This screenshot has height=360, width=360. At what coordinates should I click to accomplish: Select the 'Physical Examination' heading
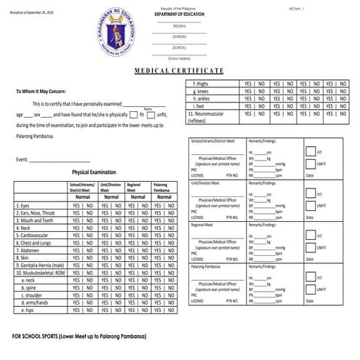click(x=94, y=172)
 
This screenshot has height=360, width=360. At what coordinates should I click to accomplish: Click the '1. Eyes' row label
click(x=23, y=206)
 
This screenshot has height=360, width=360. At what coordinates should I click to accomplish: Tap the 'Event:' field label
click(x=23, y=159)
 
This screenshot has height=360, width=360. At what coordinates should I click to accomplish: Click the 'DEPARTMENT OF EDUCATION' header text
click(x=179, y=12)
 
